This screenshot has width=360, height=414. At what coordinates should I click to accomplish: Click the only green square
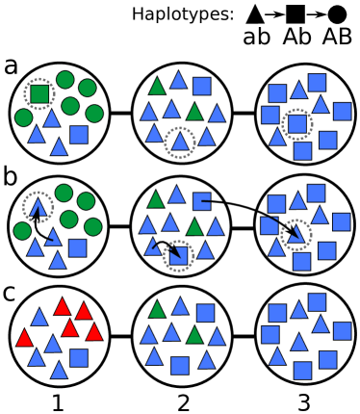point(39,93)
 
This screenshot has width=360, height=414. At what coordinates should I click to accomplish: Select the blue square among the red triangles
point(79,358)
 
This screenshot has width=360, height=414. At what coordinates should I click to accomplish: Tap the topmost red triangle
point(63,307)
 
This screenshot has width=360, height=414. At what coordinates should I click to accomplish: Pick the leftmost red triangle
point(24,338)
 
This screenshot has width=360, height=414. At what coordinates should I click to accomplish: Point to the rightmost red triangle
point(93,332)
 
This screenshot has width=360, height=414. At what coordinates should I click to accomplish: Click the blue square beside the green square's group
point(79,134)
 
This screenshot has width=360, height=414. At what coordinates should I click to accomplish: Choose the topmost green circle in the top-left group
point(64,80)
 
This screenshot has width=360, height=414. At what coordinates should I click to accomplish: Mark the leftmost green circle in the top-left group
point(23,117)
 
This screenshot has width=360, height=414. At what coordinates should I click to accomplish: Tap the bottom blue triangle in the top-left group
point(59,147)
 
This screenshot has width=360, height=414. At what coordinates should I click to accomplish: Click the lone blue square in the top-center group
point(201,86)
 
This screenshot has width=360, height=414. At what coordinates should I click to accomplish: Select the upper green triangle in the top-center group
point(157,87)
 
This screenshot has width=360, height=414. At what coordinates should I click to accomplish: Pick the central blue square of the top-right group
point(297,123)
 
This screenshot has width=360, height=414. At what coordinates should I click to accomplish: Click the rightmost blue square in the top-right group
point(342,111)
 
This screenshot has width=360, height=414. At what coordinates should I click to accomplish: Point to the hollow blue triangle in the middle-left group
point(39,207)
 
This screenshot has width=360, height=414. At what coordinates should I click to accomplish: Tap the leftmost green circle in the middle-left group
point(22,231)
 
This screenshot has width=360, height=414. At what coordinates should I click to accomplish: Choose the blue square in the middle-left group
point(77,247)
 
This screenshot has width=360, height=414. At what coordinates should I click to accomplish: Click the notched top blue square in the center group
point(201,201)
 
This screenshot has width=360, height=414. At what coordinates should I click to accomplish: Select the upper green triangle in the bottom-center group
point(157,310)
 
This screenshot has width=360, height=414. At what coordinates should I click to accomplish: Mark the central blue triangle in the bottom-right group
point(298,342)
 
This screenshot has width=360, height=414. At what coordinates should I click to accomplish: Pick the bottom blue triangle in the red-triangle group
point(59,371)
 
